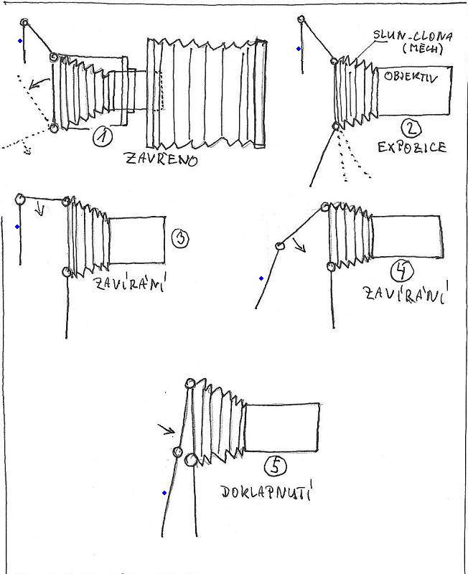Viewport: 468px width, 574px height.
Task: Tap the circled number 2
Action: (411, 129)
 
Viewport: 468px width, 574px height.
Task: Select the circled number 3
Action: (181, 237)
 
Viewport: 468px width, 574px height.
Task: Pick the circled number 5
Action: (275, 467)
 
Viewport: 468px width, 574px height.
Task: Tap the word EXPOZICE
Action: (411, 149)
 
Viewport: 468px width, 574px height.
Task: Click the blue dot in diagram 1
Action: (20, 41)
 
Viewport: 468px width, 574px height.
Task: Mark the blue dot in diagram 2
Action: (299, 50)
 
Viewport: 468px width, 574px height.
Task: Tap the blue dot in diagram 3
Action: (17, 227)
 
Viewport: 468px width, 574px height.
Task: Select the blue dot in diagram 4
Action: (261, 278)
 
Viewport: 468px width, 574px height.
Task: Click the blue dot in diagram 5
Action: (164, 493)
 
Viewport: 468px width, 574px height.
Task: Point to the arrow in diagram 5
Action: (168, 430)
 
